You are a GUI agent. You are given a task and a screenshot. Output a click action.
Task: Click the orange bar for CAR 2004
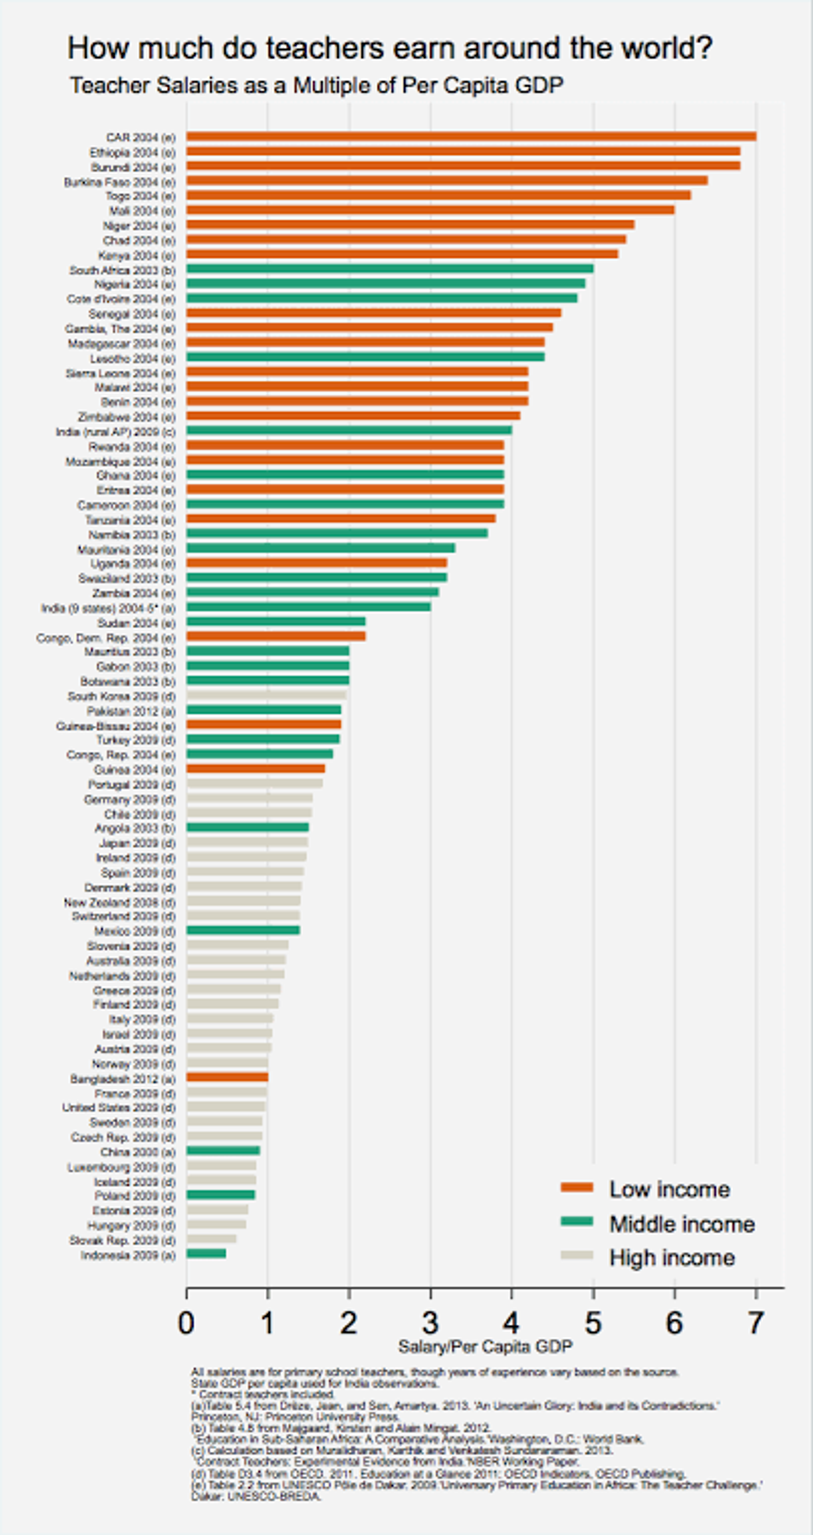coord(471,137)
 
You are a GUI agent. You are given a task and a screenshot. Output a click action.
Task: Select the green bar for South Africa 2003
coord(390,269)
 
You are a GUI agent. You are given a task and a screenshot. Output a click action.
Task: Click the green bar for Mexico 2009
coord(243,930)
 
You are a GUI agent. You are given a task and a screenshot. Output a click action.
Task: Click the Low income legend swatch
coord(576,1188)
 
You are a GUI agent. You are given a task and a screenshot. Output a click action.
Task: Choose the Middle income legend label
coord(681,1224)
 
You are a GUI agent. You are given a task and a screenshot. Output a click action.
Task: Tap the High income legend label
coord(672,1257)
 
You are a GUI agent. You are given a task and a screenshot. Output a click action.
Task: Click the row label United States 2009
coord(119,1107)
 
